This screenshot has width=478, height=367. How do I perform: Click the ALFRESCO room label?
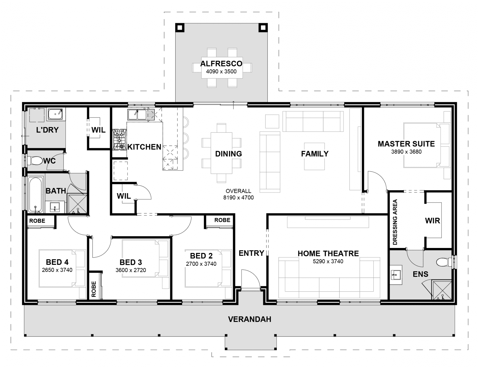tap(221, 64)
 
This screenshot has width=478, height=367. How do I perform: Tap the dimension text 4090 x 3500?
tap(221, 72)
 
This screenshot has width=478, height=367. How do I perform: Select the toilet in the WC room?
tap(35, 161)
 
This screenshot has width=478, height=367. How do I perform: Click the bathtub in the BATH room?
tap(35, 195)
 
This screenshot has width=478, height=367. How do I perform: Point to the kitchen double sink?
tap(140, 114)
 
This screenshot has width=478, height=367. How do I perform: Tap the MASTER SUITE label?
tap(406, 144)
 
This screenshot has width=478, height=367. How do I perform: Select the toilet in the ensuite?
tap(444, 262)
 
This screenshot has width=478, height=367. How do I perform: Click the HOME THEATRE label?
tap(328, 253)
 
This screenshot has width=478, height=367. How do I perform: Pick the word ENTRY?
tap(251, 253)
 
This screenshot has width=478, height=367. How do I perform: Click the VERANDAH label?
tap(250, 319)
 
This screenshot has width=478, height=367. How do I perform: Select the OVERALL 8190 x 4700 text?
tap(238, 194)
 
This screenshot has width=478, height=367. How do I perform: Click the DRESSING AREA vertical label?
tap(395, 222)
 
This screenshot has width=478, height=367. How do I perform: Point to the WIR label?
tap(433, 221)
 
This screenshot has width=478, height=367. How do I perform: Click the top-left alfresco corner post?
tap(180, 28)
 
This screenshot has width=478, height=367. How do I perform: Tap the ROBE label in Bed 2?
tap(222, 220)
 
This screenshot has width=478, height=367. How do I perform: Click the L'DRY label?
tap(47, 130)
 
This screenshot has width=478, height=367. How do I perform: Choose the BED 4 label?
tap(57, 262)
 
